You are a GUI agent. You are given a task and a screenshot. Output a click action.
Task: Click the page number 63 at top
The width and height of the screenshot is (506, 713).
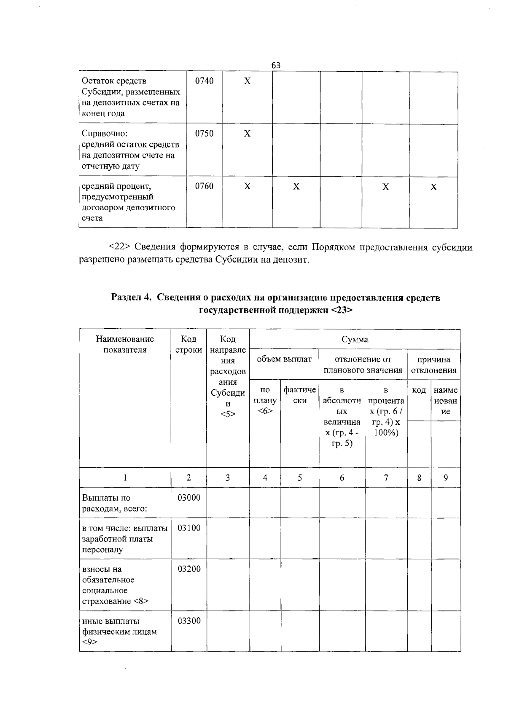coord(276,65)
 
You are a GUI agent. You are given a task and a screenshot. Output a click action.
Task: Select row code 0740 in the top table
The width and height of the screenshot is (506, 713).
coord(204,81)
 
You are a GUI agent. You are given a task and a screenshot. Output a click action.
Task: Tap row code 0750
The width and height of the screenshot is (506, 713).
coord(204,134)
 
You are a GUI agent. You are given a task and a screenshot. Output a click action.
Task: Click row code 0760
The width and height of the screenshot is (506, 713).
coord(204,186)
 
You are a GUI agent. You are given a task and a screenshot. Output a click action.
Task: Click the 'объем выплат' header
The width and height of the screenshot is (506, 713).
coord(284,359)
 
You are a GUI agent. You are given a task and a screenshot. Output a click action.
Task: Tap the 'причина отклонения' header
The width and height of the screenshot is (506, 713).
coord(433,365)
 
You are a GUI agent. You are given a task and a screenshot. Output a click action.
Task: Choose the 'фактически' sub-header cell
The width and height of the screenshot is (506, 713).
coord(300,395)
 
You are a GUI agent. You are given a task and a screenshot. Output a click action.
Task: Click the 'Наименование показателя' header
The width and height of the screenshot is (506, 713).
coord(125,344)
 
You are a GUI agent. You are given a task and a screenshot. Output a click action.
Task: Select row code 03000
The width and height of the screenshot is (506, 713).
coord(189,498)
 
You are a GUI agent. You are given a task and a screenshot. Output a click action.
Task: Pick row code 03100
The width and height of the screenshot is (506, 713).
coord(189,528)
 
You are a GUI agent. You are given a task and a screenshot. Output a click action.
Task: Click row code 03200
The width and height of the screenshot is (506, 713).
coord(189,569)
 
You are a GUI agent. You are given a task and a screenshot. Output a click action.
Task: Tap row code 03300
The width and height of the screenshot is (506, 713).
coord(189,621)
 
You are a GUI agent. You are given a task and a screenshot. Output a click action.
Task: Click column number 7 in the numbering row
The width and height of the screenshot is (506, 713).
coord(386,477)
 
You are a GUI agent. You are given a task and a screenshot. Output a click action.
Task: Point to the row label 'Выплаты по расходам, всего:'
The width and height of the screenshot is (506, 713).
coord(114,503)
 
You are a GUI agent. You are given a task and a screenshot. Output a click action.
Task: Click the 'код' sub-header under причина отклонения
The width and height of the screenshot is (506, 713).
coord(419,390)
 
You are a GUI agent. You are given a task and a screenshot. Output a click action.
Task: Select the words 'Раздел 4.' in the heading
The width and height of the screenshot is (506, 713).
coord(131,298)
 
